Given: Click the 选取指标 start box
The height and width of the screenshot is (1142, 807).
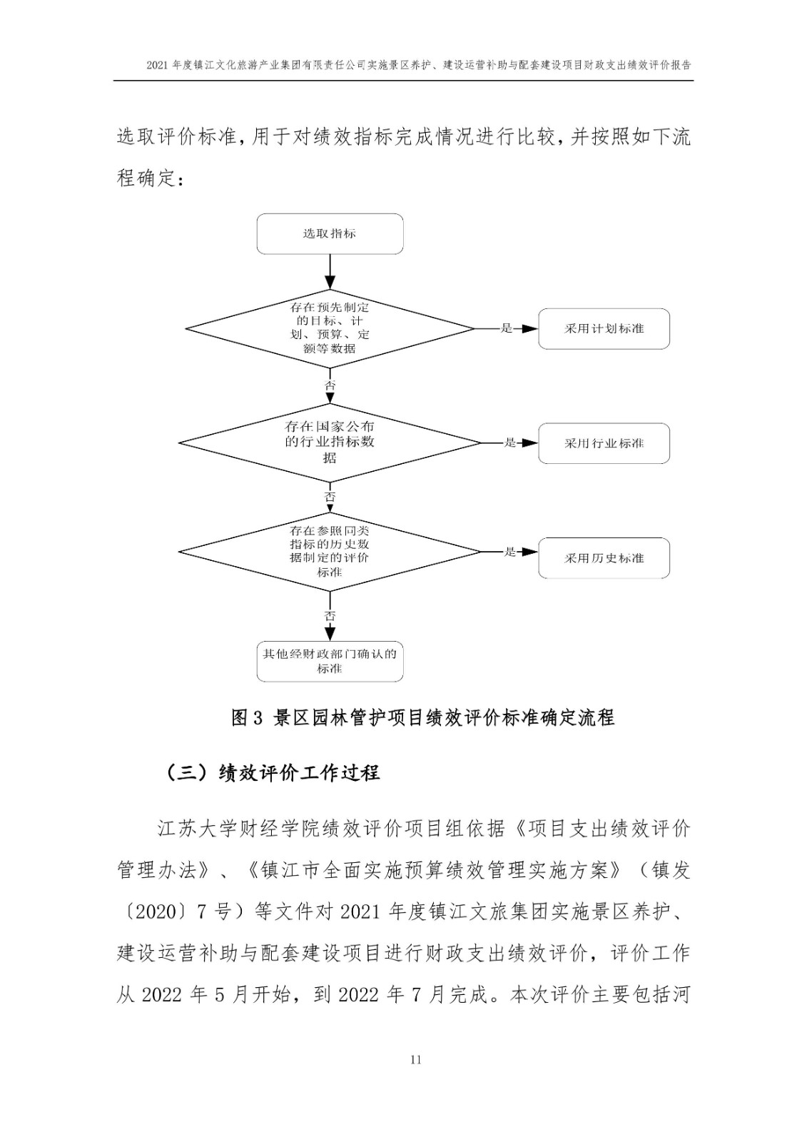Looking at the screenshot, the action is (x=330, y=234).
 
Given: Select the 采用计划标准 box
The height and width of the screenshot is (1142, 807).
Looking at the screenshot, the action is (x=604, y=329).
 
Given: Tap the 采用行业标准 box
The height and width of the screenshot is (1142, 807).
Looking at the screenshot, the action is (x=604, y=443).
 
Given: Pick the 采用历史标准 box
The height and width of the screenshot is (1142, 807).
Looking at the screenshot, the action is (x=604, y=558).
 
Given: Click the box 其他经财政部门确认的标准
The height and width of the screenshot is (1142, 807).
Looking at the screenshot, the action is (x=330, y=661).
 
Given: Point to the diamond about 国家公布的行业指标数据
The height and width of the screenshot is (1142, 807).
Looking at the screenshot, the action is (x=330, y=443).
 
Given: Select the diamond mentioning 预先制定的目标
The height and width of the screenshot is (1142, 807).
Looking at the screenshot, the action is (x=330, y=329).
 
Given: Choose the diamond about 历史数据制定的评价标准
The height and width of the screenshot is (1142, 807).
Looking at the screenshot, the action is (x=330, y=552).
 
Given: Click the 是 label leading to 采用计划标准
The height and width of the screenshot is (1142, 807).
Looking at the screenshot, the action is (x=506, y=328).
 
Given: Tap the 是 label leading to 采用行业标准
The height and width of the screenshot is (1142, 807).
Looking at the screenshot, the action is (x=509, y=443).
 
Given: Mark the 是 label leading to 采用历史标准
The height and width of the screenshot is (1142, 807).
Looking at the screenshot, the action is (x=509, y=552).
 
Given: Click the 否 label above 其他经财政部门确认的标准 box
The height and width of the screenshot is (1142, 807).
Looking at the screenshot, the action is (x=330, y=616).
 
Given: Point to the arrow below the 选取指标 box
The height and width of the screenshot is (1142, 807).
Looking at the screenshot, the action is (x=330, y=272).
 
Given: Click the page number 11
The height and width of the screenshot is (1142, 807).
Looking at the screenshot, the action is (x=415, y=1060).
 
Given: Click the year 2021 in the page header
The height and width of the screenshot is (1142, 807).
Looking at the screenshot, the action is (x=158, y=65).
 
